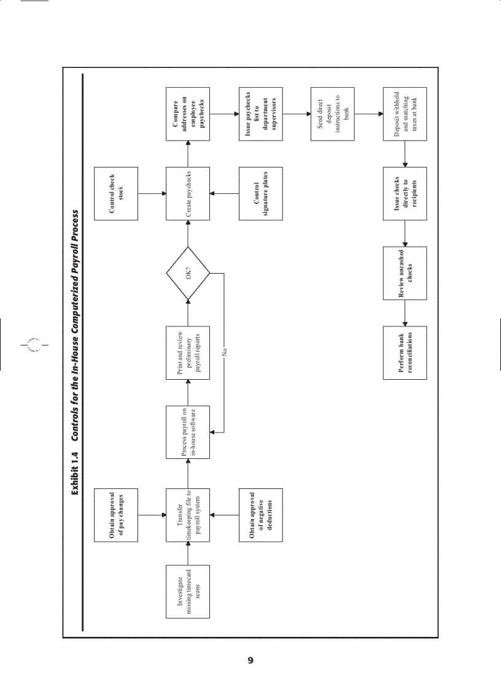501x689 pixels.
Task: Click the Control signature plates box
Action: click(260, 193)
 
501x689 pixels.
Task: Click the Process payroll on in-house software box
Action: click(188, 433)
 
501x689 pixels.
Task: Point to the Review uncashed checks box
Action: click(405, 274)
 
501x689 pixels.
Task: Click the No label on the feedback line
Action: click(225, 353)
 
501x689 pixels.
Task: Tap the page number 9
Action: click(250, 660)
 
